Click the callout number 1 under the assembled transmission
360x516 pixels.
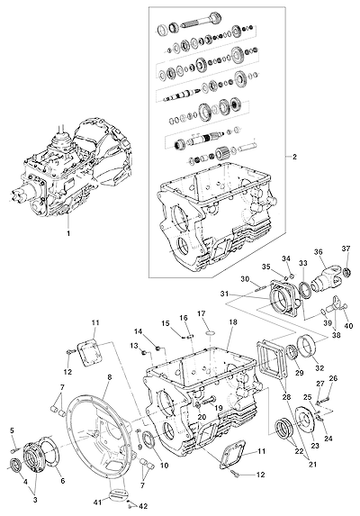(x=68, y=233)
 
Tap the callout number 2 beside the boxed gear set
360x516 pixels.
(x=294, y=157)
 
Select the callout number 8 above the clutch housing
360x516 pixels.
(x=110, y=377)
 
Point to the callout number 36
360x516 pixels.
(x=318, y=252)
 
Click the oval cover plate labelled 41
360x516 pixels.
(x=116, y=495)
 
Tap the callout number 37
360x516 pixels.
(x=346, y=249)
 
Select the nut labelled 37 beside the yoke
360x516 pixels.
(x=346, y=273)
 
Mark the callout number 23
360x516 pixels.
(x=315, y=445)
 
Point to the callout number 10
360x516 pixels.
(x=164, y=465)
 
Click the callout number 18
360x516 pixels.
(x=233, y=322)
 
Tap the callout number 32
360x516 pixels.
(x=319, y=367)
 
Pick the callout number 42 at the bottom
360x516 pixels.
(x=143, y=506)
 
